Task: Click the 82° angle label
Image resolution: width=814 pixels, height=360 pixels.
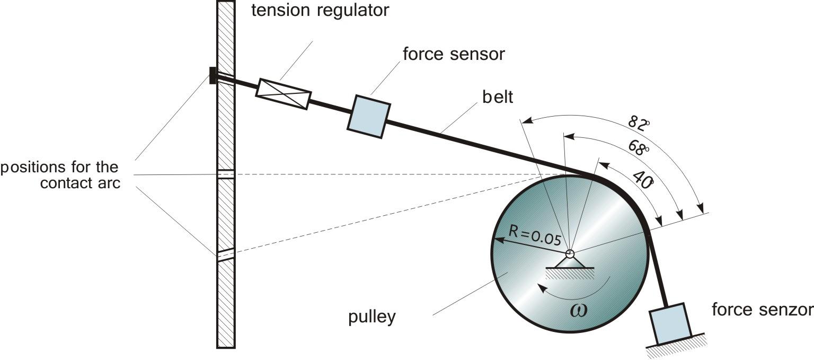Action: tap(638, 124)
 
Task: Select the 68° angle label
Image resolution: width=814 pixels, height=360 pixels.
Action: tap(639, 147)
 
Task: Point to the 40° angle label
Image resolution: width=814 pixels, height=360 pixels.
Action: tap(642, 180)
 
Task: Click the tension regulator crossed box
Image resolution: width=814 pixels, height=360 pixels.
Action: tap(283, 94)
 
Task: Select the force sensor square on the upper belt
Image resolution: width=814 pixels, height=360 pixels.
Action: tap(369, 117)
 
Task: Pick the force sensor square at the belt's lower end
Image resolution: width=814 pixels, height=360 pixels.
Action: tap(671, 323)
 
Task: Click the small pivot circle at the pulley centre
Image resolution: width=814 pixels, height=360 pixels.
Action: tap(570, 254)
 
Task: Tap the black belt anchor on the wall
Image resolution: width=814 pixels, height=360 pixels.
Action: tap(213, 75)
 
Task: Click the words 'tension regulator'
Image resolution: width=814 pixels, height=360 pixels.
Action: tap(320, 10)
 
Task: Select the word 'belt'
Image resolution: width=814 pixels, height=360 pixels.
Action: tap(498, 98)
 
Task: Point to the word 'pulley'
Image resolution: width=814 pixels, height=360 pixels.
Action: tap(371, 317)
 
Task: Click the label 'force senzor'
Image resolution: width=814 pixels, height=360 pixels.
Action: tap(762, 309)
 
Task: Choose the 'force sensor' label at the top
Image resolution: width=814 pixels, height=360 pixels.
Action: tap(454, 54)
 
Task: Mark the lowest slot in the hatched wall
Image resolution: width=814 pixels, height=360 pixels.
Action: tap(226, 255)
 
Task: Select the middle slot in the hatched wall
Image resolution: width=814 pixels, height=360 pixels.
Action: tap(226, 174)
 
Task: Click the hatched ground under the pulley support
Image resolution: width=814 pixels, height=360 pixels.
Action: tap(570, 273)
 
